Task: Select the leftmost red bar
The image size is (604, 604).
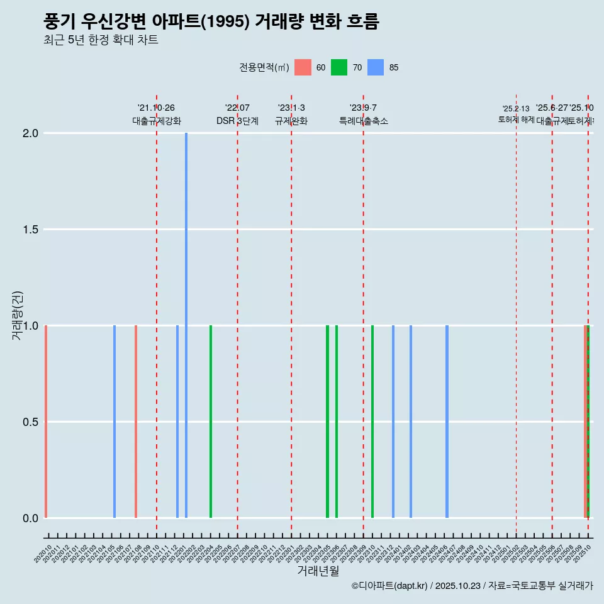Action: click(x=46, y=422)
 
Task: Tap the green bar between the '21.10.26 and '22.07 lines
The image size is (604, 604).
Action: click(x=211, y=422)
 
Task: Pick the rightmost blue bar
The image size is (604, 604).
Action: click(x=447, y=422)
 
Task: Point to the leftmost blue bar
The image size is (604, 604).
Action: click(x=115, y=422)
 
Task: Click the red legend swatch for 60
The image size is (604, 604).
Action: click(x=303, y=67)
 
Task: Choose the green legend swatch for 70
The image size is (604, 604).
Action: click(x=339, y=67)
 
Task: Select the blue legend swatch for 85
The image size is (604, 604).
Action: click(x=376, y=67)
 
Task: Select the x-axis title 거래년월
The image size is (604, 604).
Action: click(x=318, y=571)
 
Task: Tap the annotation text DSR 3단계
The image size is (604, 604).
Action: click(x=237, y=121)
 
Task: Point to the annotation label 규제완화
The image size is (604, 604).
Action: click(x=291, y=121)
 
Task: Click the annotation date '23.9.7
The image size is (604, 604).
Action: click(x=363, y=108)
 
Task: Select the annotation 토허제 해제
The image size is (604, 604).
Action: click(x=517, y=120)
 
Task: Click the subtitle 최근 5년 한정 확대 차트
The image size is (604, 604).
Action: click(x=101, y=40)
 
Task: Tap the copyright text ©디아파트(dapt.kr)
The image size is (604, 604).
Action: click(x=390, y=586)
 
